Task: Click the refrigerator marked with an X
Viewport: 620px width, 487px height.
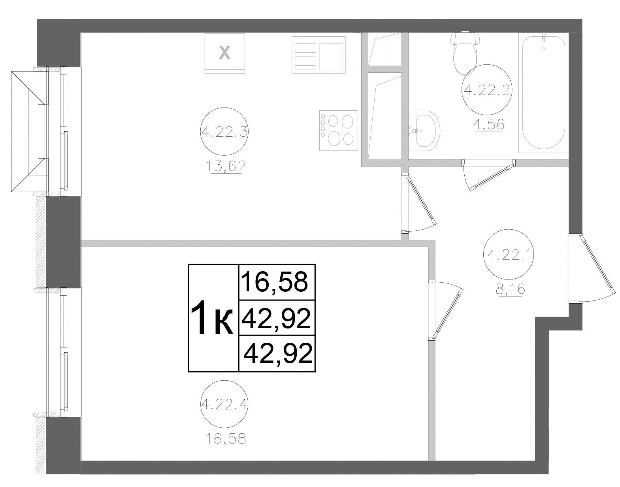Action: [225, 53]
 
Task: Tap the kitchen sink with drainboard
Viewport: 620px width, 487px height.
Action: [318, 54]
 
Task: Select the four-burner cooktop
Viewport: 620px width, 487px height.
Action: [338, 130]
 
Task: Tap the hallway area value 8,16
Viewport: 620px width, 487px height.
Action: [510, 290]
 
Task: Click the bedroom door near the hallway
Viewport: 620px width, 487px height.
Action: [447, 312]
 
